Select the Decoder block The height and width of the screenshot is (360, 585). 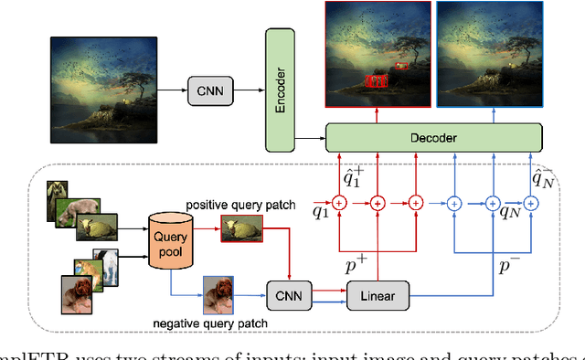[433, 138]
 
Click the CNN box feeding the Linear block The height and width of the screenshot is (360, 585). [289, 293]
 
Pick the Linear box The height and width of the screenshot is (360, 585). [377, 293]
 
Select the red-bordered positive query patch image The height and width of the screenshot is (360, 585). [241, 236]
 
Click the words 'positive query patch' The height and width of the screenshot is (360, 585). [240, 205]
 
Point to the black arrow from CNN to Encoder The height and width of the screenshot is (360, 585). [249, 89]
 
